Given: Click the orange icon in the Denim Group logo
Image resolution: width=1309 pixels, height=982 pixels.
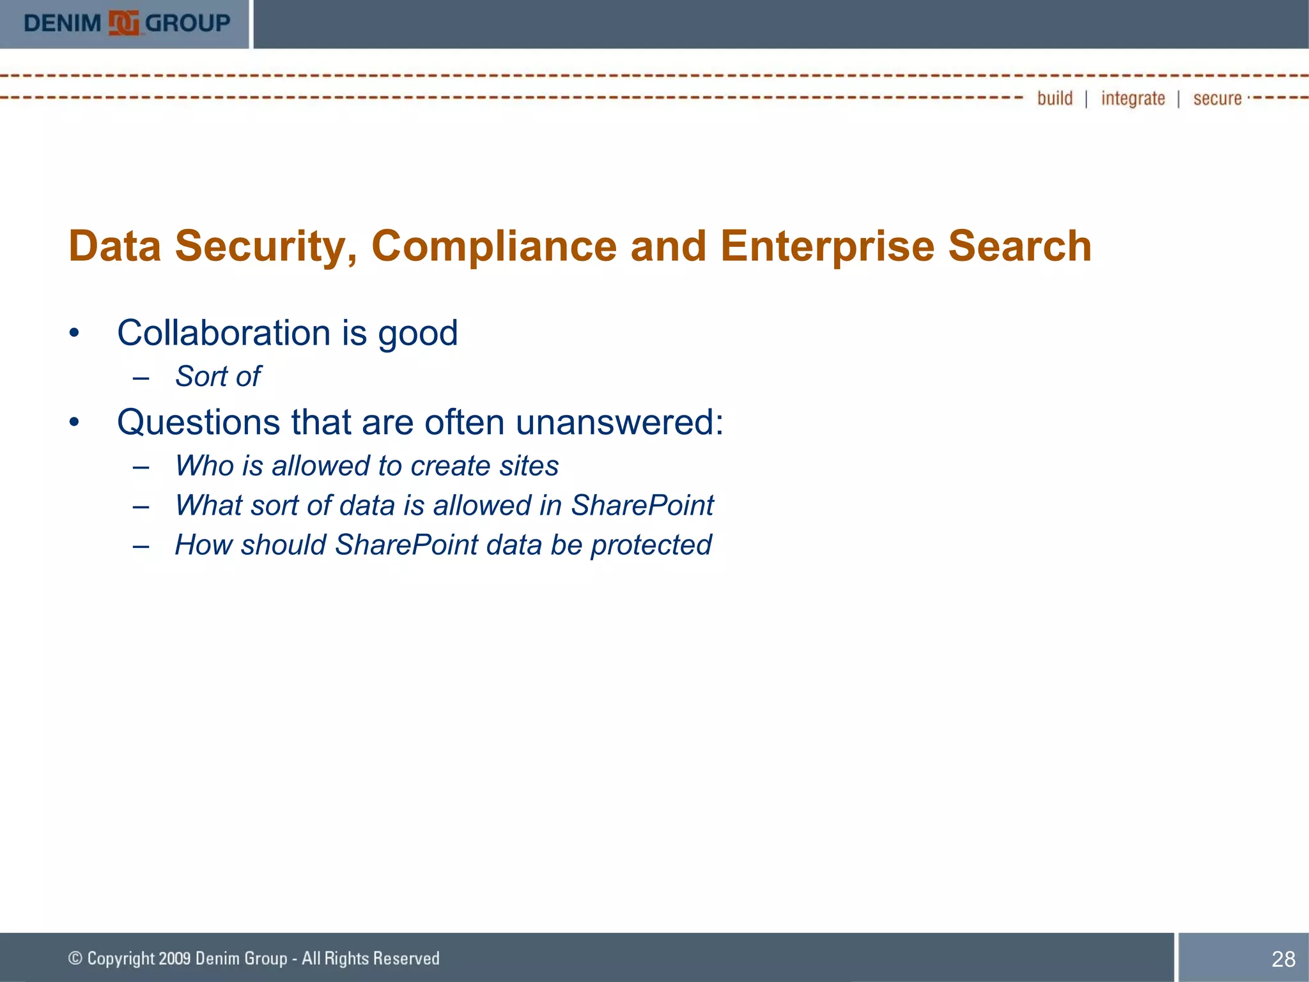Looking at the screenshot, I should tap(124, 24).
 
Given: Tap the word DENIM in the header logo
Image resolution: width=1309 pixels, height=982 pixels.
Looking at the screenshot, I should tap(63, 24).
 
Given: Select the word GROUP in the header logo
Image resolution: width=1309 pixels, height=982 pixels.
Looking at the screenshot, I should tap(188, 24).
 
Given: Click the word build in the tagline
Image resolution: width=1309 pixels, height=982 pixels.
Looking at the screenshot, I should tap(1055, 98).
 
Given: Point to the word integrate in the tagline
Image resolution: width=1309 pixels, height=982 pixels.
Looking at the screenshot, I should tap(1133, 98).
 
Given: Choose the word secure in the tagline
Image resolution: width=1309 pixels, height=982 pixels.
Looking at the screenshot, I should tap(1217, 98).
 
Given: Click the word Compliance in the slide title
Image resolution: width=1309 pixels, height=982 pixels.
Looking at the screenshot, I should tap(494, 246).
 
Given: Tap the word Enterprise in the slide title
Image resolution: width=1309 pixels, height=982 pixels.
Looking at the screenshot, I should tap(827, 246).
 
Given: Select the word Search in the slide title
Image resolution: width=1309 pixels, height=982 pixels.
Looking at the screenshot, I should tap(1020, 246).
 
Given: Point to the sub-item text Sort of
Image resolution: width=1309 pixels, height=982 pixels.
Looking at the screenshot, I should tap(218, 377).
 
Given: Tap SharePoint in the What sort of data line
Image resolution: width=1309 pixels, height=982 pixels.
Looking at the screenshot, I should tap(642, 506).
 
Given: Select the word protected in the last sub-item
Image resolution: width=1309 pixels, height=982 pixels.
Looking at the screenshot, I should tap(651, 545).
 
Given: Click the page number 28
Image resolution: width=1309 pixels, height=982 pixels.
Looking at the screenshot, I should tap(1283, 959).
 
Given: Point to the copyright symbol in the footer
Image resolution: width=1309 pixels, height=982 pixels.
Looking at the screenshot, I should tap(75, 958).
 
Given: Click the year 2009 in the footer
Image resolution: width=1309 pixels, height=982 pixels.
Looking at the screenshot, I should tap(174, 958).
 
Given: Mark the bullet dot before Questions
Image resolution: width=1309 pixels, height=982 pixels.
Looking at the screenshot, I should tap(75, 423).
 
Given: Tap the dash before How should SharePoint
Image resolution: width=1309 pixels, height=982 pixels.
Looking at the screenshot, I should tap(141, 546).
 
